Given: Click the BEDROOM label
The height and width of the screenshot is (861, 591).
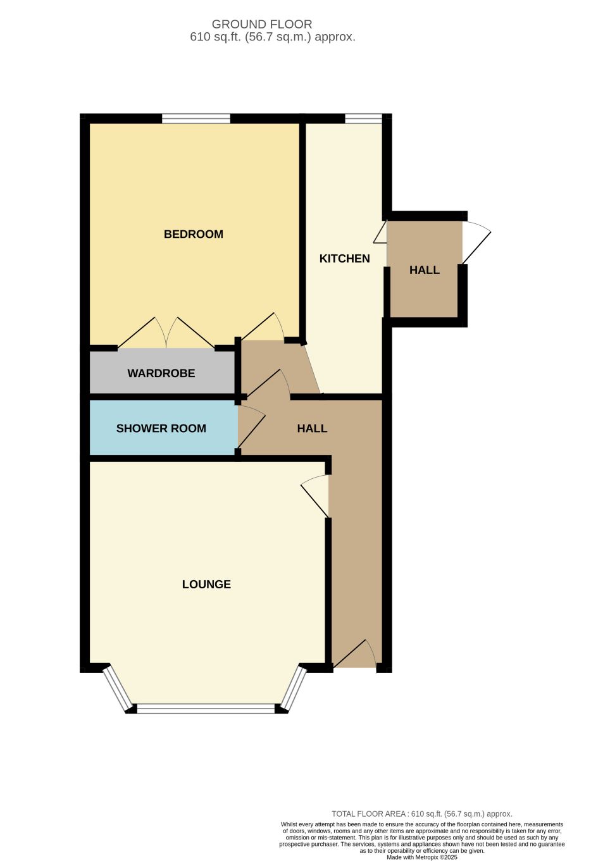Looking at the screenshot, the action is tap(194, 234).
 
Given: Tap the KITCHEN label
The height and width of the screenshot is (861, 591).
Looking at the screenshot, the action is tap(344, 259).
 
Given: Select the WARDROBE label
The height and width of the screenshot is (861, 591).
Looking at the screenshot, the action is tap(161, 373).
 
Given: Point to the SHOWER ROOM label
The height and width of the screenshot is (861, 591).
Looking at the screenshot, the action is tap(161, 428).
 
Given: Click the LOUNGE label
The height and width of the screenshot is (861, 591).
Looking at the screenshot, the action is tap(206, 585).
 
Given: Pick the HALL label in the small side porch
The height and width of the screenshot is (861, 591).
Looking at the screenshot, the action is tap(425, 270).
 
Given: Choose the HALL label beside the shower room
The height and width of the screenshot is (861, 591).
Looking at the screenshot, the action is tap(312, 428).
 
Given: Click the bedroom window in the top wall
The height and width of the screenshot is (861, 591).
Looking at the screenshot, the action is tap(196, 118).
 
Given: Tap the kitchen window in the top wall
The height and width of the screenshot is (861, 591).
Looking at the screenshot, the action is tap(364, 118).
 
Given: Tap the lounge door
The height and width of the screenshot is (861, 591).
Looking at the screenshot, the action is tap(315, 496).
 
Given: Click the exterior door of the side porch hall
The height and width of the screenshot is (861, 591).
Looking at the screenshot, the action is tap(476, 243).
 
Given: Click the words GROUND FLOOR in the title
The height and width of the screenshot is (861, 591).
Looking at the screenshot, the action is tap(262, 24).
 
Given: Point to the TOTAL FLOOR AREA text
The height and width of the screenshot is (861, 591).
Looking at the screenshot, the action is tap(422, 814).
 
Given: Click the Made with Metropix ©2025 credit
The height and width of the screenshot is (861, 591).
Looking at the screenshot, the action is tap(422, 857).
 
